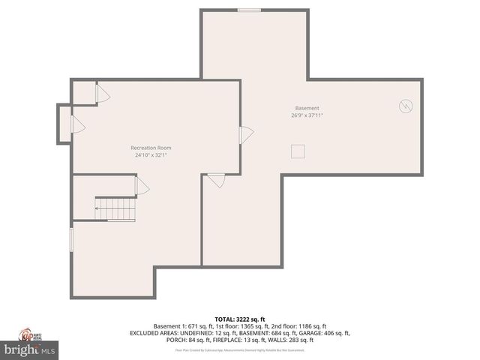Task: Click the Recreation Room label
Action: point(151,148)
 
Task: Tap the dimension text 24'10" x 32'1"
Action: point(151,156)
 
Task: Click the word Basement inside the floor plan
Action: point(307,107)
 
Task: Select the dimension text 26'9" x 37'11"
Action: point(307,115)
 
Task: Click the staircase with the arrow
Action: point(115,209)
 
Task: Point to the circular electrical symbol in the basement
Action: point(406,106)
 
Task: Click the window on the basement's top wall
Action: point(250,10)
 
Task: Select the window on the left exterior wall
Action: point(71,240)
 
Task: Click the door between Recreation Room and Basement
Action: point(244,135)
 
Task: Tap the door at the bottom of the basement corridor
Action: point(216,179)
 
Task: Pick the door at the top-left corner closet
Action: point(102,94)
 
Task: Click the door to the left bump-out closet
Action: point(76,124)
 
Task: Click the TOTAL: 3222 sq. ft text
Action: point(240,319)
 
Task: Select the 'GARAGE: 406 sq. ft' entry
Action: point(324,333)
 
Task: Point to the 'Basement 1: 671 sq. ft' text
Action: point(180,326)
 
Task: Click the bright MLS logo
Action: point(30,349)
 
